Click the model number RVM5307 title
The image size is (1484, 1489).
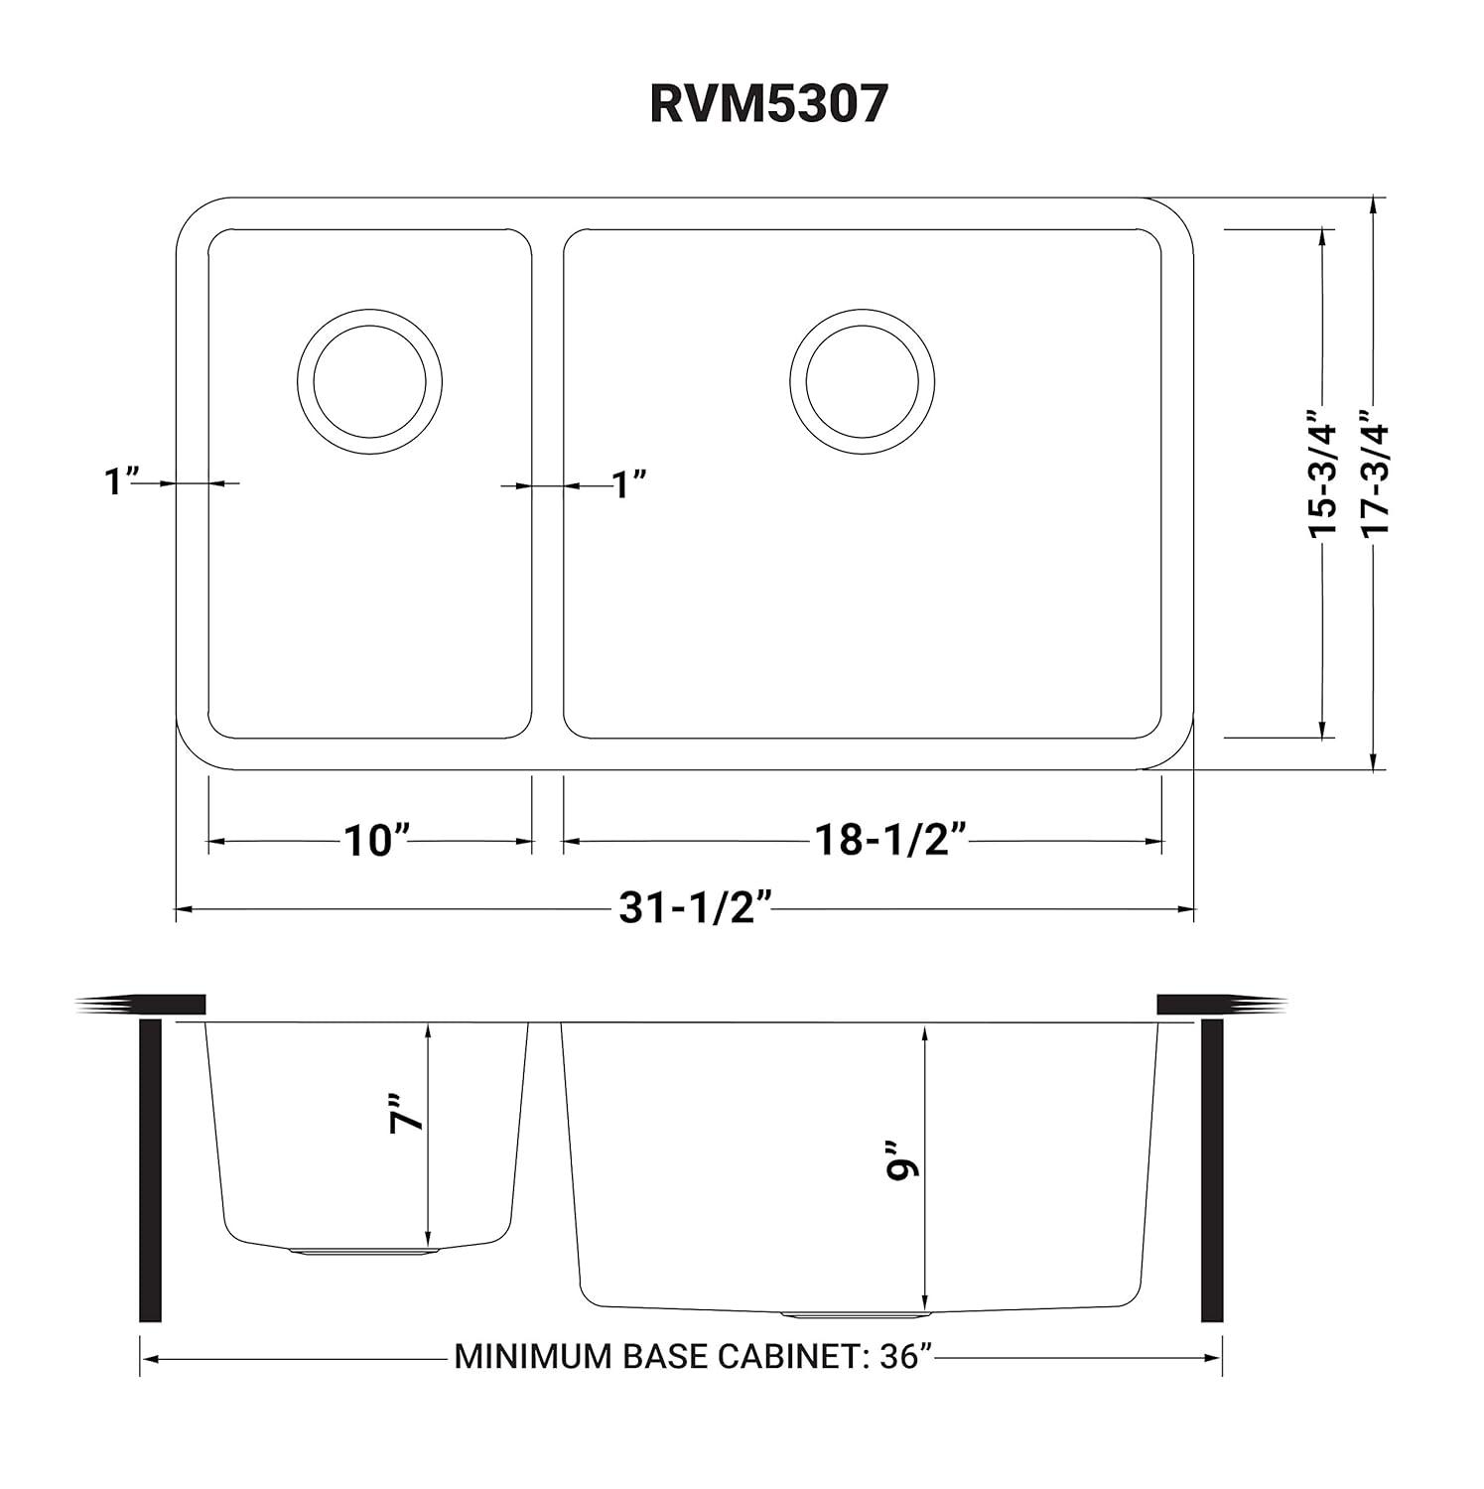(766, 104)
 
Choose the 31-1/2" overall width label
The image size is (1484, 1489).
(695, 907)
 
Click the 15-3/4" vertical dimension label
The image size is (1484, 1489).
(1323, 474)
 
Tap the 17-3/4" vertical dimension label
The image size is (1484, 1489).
(1375, 474)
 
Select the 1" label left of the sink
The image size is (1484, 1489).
(120, 482)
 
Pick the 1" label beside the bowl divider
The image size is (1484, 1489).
(628, 485)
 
